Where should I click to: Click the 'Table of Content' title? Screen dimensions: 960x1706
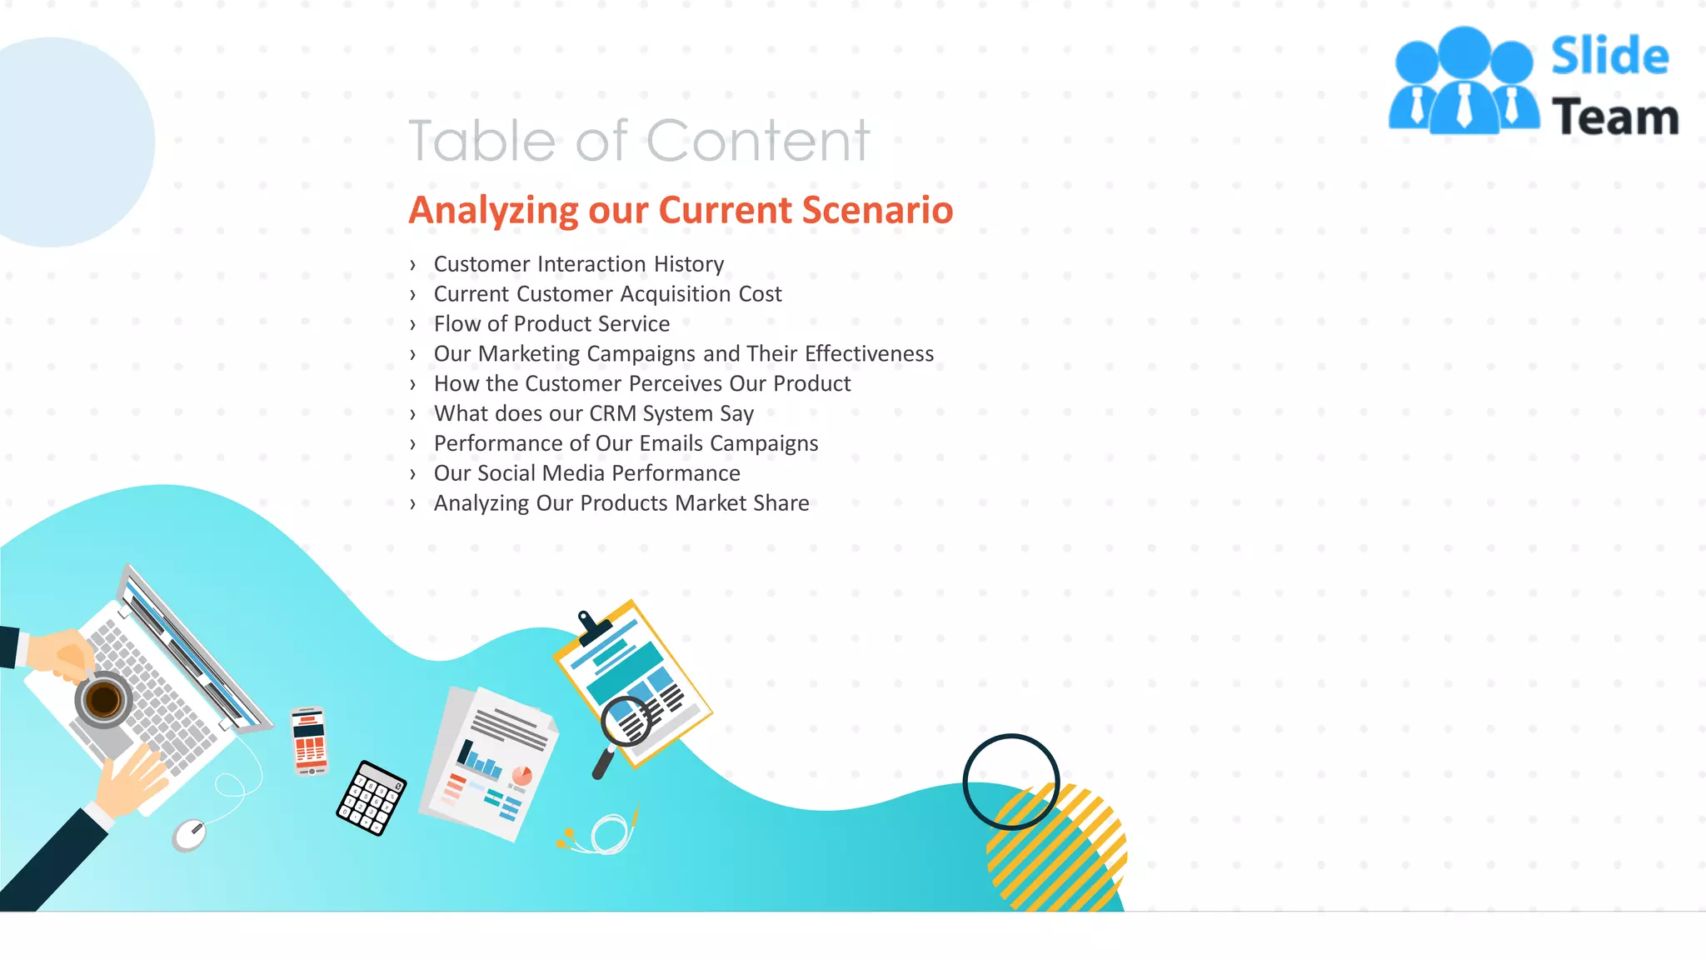click(x=639, y=140)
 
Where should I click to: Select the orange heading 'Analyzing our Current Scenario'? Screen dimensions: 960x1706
click(x=681, y=210)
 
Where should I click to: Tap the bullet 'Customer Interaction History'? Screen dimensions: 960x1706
click(x=578, y=264)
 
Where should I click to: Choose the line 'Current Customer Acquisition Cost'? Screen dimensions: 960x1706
click(x=607, y=294)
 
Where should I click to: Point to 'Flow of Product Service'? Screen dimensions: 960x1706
click(x=551, y=324)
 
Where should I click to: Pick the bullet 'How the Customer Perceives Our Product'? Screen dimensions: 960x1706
click(x=642, y=384)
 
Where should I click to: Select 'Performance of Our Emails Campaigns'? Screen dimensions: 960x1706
click(x=626, y=443)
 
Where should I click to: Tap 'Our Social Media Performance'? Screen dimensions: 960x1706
click(x=586, y=473)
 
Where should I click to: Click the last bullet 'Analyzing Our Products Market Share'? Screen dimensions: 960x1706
click(x=621, y=503)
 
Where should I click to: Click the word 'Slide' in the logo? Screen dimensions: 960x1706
click(x=1609, y=57)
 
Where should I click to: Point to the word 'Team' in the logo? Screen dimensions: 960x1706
click(x=1615, y=117)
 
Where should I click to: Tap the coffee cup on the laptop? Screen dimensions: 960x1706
click(x=103, y=700)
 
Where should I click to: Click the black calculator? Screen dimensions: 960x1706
click(x=372, y=797)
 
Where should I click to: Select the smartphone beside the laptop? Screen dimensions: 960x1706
click(x=309, y=741)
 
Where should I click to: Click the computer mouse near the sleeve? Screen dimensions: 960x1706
click(x=189, y=834)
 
